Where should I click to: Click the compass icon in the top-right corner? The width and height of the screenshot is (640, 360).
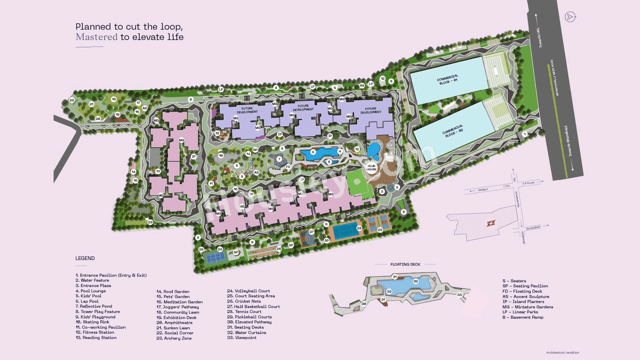tap(569, 16)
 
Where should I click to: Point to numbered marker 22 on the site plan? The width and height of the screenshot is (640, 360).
tap(72, 100)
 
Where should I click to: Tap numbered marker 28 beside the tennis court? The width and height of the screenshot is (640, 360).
tap(359, 228)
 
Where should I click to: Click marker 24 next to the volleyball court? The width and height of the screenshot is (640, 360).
tap(219, 249)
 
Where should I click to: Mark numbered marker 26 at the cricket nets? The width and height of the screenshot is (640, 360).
tap(278, 248)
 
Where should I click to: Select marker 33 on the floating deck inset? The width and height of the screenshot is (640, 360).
tap(459, 294)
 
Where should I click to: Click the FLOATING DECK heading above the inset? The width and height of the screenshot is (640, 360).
tap(405, 264)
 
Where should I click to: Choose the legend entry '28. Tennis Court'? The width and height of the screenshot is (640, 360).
tap(244, 311)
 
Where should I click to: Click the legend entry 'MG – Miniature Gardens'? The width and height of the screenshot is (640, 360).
tap(527, 307)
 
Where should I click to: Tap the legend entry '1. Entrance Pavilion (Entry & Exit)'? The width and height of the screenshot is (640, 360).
tap(111, 275)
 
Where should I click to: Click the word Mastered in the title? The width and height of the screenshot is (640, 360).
tap(96, 37)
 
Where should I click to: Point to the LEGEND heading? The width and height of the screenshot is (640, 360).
tap(85, 258)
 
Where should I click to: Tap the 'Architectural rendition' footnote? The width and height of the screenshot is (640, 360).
tap(562, 352)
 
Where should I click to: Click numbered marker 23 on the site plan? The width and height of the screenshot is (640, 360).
tap(150, 222)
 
